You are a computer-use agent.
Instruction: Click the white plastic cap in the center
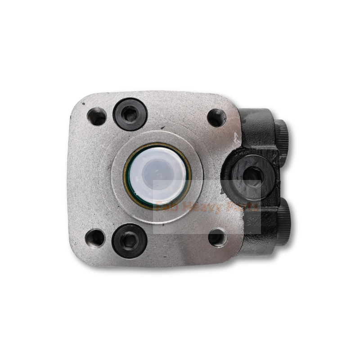[158, 173]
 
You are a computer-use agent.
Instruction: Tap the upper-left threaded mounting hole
[97, 117]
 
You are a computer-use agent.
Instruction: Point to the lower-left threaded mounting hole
[95, 237]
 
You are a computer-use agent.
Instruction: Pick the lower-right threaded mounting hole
[218, 237]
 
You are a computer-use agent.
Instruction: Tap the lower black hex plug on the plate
[129, 241]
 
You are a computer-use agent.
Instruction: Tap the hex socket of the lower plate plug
[129, 241]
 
